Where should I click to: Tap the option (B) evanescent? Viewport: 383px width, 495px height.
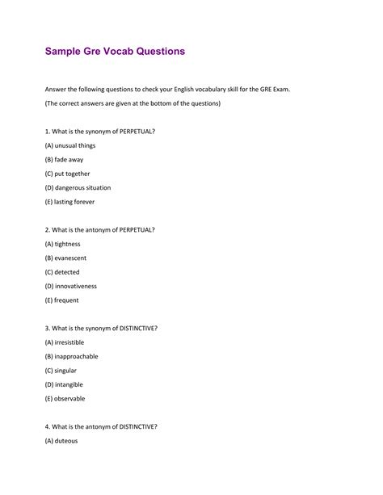pos(66,258)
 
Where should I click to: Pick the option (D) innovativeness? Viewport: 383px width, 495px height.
pos(71,286)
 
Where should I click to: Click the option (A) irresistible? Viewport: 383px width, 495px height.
pos(65,342)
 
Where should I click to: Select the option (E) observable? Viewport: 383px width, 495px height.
pos(65,399)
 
